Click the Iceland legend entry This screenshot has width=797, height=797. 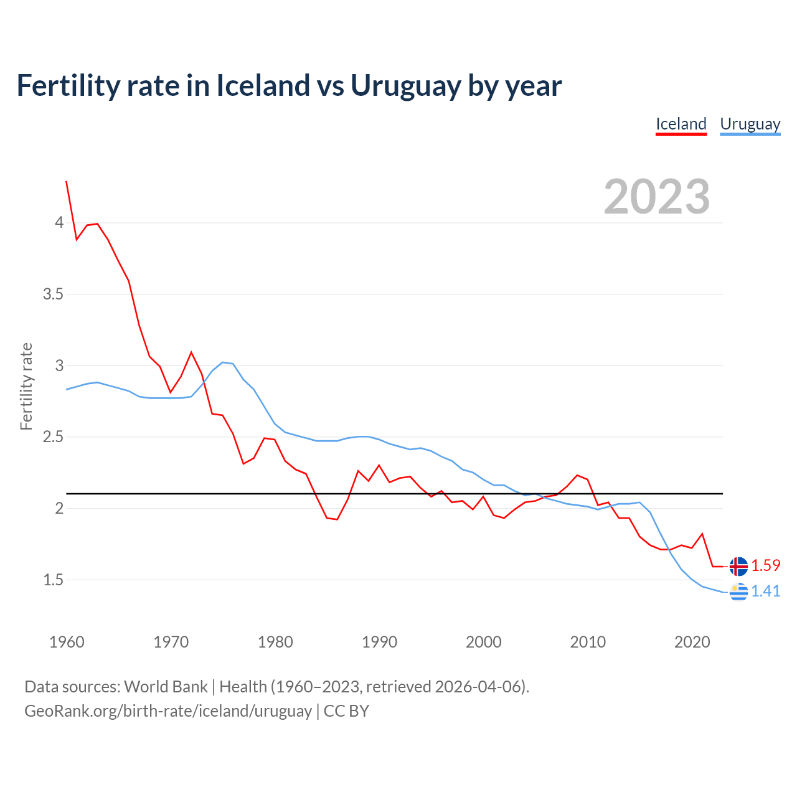681,124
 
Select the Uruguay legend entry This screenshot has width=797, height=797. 750,124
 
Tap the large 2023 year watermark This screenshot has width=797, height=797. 657,197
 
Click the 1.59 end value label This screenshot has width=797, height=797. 765,565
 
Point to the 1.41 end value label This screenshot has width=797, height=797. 765,591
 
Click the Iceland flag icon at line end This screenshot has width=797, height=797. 738,567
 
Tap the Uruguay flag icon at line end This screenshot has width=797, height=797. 738,592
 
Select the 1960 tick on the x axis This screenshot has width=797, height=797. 67,642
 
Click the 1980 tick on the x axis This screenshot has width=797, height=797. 275,642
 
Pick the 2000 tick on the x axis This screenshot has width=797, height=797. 483,642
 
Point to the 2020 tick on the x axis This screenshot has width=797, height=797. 692,642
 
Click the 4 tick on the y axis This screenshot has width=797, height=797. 60,223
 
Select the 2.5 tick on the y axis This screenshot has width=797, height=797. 54,437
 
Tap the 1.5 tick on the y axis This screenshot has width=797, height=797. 54,580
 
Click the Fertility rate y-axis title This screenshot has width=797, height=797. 26,386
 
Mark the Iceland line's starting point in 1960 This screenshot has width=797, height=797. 67,181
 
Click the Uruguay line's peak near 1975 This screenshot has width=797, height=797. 223,362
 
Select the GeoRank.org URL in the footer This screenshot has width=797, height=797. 168,711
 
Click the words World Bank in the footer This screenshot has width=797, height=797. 166,687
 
